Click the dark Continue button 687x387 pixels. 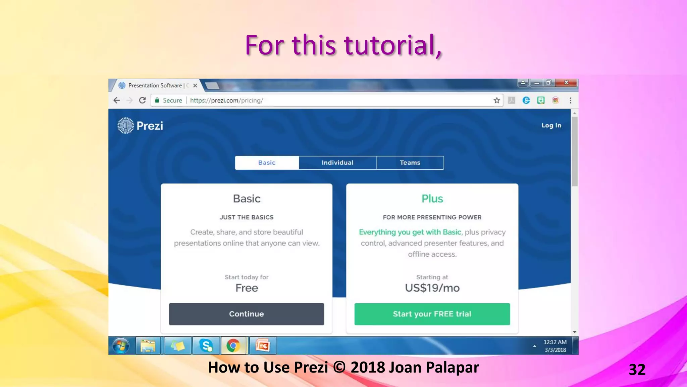[246, 314]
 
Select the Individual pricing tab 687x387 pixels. [337, 163]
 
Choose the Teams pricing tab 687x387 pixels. [410, 163]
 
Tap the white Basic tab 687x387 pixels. [267, 163]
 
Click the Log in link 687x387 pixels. [551, 125]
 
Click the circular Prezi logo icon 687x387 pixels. [126, 126]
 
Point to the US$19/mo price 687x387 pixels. [432, 288]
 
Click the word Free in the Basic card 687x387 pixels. [247, 288]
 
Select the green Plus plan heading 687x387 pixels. [432, 199]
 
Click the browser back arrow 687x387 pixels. [116, 100]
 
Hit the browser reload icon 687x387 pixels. [142, 100]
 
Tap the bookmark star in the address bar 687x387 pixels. [497, 100]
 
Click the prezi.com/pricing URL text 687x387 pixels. [226, 100]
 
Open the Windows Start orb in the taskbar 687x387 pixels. [121, 346]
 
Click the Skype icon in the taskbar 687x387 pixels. [206, 346]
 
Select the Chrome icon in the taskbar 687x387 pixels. [233, 346]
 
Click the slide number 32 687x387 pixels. [637, 370]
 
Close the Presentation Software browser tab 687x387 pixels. [195, 86]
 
